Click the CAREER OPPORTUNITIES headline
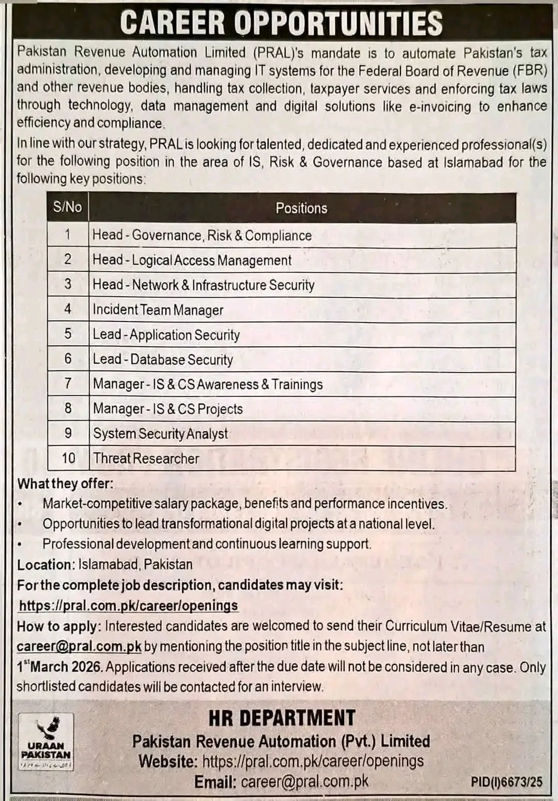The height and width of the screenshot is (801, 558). coord(281,23)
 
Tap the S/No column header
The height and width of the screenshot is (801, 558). coord(68,207)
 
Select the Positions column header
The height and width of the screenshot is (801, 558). coord(301,208)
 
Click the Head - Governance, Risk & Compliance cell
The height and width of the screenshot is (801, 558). coord(202,236)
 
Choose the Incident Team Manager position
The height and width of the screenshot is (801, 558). coord(158,310)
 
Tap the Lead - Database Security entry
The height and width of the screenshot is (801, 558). coord(163,360)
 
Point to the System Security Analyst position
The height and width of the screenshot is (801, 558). coord(160,434)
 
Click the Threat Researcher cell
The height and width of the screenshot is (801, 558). coord(146,458)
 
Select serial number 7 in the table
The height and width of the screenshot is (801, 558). coord(68,384)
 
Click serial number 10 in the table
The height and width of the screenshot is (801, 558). coord(68,458)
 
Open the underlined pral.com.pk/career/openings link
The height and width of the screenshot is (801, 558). coord(129,606)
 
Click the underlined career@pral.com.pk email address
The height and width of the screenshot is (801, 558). coord(79,646)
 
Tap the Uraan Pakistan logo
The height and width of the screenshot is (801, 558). coord(45,741)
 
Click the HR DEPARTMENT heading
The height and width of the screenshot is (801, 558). coord(282,718)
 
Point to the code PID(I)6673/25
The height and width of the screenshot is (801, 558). coord(506,782)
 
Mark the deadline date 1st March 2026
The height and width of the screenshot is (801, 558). coord(60,667)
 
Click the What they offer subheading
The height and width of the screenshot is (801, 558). coord(65,484)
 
